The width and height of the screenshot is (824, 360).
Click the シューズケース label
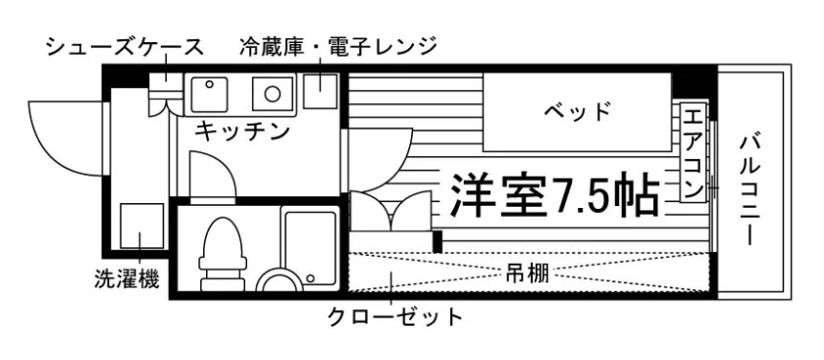tap(124, 47)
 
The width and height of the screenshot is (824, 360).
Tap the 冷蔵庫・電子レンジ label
tap(337, 47)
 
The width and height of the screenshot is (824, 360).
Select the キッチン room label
tap(243, 130)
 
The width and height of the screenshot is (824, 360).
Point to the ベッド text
tap(578, 112)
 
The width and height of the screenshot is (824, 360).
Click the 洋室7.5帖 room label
tap(554, 195)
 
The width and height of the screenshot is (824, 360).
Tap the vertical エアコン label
tap(695, 152)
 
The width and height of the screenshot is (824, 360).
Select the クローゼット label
tap(395, 317)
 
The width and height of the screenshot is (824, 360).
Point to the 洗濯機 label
tap(127, 278)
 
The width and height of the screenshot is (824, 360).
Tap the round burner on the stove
tap(273, 94)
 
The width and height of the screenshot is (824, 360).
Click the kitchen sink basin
tap(209, 94)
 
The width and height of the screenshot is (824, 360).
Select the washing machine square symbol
tap(141, 226)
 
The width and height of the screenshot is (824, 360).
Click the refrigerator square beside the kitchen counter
tap(320, 91)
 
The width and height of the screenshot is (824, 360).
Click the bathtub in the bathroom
tap(308, 247)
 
